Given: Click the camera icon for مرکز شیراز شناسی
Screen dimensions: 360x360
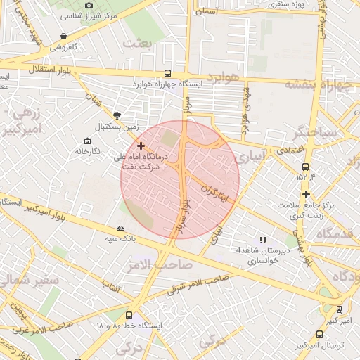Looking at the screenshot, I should point(89,6).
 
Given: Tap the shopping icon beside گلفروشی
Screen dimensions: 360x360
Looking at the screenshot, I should point(64,36).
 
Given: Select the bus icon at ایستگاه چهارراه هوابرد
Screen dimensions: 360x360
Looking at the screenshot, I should point(167,73).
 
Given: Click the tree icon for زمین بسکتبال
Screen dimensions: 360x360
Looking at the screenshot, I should point(117,115).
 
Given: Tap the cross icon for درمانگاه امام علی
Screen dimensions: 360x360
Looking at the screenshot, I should point(141,146).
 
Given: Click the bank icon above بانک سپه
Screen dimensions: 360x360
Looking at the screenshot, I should point(120,228).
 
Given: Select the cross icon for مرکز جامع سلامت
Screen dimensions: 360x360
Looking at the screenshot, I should point(306,194).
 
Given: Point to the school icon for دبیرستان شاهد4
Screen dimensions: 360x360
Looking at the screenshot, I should point(263,240).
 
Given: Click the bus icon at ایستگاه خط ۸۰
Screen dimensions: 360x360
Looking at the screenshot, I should point(129,315).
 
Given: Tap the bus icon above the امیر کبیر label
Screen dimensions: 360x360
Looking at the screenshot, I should point(339,309).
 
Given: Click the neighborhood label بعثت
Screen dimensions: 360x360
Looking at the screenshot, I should point(137,44).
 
